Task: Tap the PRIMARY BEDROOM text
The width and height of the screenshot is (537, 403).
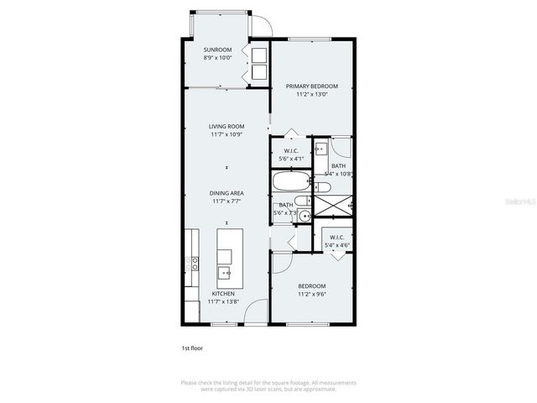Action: click(x=311, y=86)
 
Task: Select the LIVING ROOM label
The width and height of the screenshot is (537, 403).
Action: click(x=227, y=127)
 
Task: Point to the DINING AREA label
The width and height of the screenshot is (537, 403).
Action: click(x=227, y=193)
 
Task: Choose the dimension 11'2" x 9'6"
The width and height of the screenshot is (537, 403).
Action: click(x=311, y=295)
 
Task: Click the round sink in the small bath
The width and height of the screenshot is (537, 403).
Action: click(x=305, y=216)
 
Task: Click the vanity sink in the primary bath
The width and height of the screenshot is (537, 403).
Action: click(x=321, y=152)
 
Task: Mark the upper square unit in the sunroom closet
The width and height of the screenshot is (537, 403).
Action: click(x=259, y=55)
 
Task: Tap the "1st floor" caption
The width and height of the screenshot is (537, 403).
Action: click(x=192, y=348)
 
